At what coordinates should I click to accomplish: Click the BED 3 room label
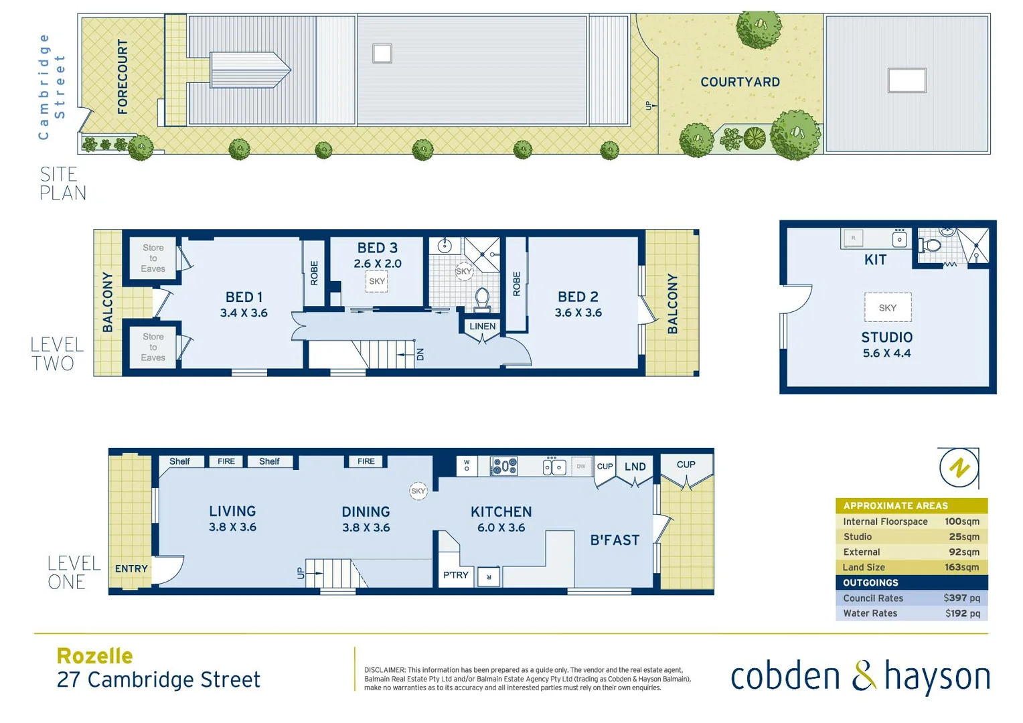pyautogui.click(x=377, y=248)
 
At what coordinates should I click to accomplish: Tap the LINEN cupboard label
pyautogui.click(x=482, y=327)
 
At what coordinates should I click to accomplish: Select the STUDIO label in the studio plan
pyautogui.click(x=886, y=337)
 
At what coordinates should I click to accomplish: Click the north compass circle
pyautogui.click(x=959, y=467)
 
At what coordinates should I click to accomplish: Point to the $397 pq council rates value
pyautogui.click(x=961, y=598)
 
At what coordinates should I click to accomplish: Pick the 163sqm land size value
pyautogui.click(x=961, y=567)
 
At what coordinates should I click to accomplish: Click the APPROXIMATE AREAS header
pyautogui.click(x=895, y=505)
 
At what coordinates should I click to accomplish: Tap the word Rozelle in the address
pyautogui.click(x=94, y=655)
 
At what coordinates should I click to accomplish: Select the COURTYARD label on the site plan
pyautogui.click(x=740, y=82)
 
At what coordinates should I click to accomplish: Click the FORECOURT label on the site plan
pyautogui.click(x=123, y=76)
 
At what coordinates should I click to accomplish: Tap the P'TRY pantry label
pyautogui.click(x=455, y=575)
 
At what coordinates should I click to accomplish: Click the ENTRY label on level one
pyautogui.click(x=131, y=568)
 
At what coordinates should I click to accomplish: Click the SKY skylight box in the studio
pyautogui.click(x=887, y=308)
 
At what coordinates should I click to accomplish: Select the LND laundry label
pyautogui.click(x=635, y=467)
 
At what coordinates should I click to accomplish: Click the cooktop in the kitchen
pyautogui.click(x=503, y=466)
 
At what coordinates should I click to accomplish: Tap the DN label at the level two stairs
pyautogui.click(x=420, y=354)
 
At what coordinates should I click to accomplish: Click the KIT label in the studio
pyautogui.click(x=875, y=260)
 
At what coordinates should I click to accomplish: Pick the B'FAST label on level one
pyautogui.click(x=615, y=540)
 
